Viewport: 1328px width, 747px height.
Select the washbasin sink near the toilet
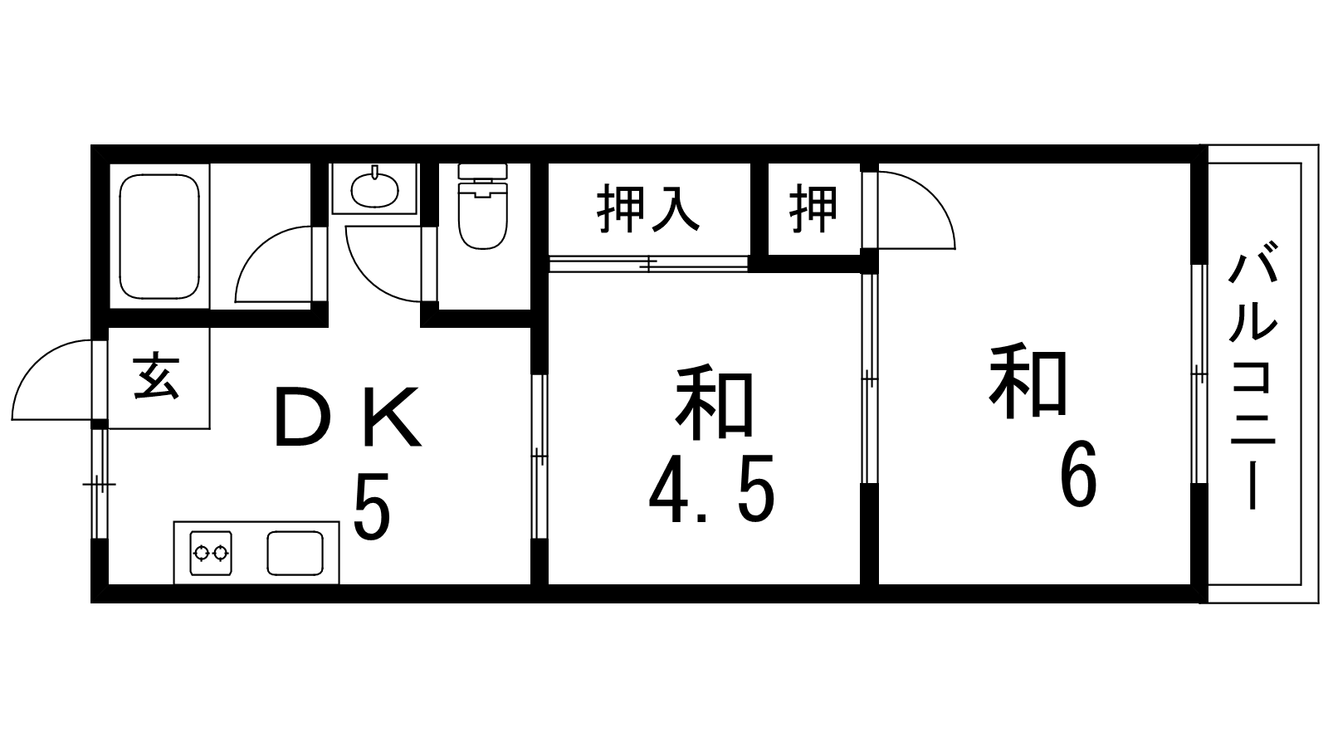pyautogui.click(x=374, y=190)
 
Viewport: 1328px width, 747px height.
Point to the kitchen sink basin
pyautogui.click(x=295, y=553)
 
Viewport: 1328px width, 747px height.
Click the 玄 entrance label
pyautogui.click(x=157, y=378)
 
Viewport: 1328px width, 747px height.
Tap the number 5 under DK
pyautogui.click(x=371, y=507)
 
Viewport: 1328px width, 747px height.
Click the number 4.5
pyautogui.click(x=711, y=490)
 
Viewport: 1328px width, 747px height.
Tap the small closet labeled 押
pyautogui.click(x=813, y=209)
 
